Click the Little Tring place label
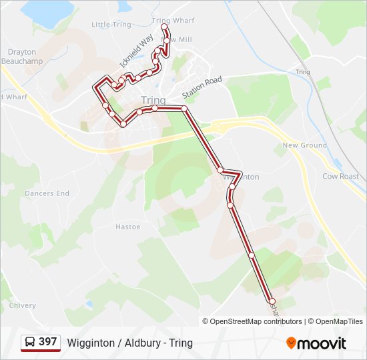111,25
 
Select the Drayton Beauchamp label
22,56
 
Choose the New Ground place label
304,145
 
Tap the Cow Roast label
340,177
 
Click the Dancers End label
47,193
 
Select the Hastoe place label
128,227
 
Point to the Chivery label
22,305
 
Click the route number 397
47,342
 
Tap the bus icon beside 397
30,342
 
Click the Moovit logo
316,343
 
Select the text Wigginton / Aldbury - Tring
129,343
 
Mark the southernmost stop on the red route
272,301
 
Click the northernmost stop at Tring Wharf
164,27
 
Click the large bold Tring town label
153,100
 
